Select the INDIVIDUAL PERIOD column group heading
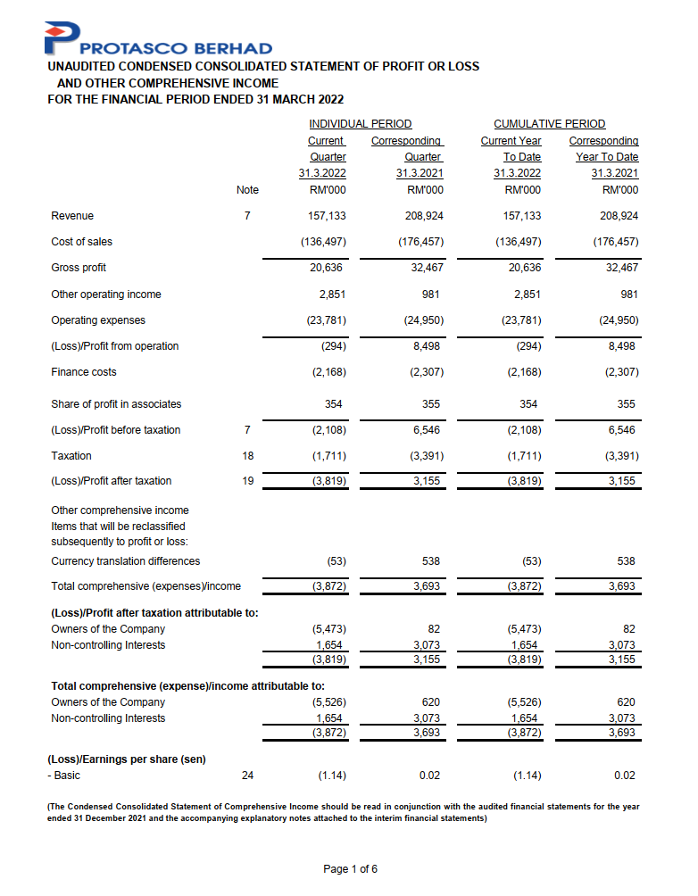(x=360, y=124)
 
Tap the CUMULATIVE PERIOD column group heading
(x=549, y=124)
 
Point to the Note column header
(x=247, y=190)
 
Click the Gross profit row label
(x=79, y=268)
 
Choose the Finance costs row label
(x=84, y=372)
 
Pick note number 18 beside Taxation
(x=247, y=456)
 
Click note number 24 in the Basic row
(x=247, y=776)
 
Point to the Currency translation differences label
(x=126, y=561)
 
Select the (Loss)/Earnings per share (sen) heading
(x=126, y=759)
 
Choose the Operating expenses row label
(x=98, y=320)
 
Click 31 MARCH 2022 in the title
(x=293, y=99)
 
